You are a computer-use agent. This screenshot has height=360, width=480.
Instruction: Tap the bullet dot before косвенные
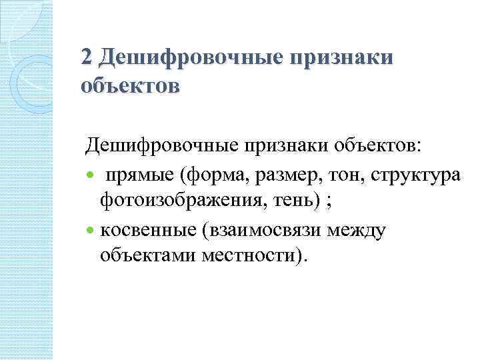tap(91, 231)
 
